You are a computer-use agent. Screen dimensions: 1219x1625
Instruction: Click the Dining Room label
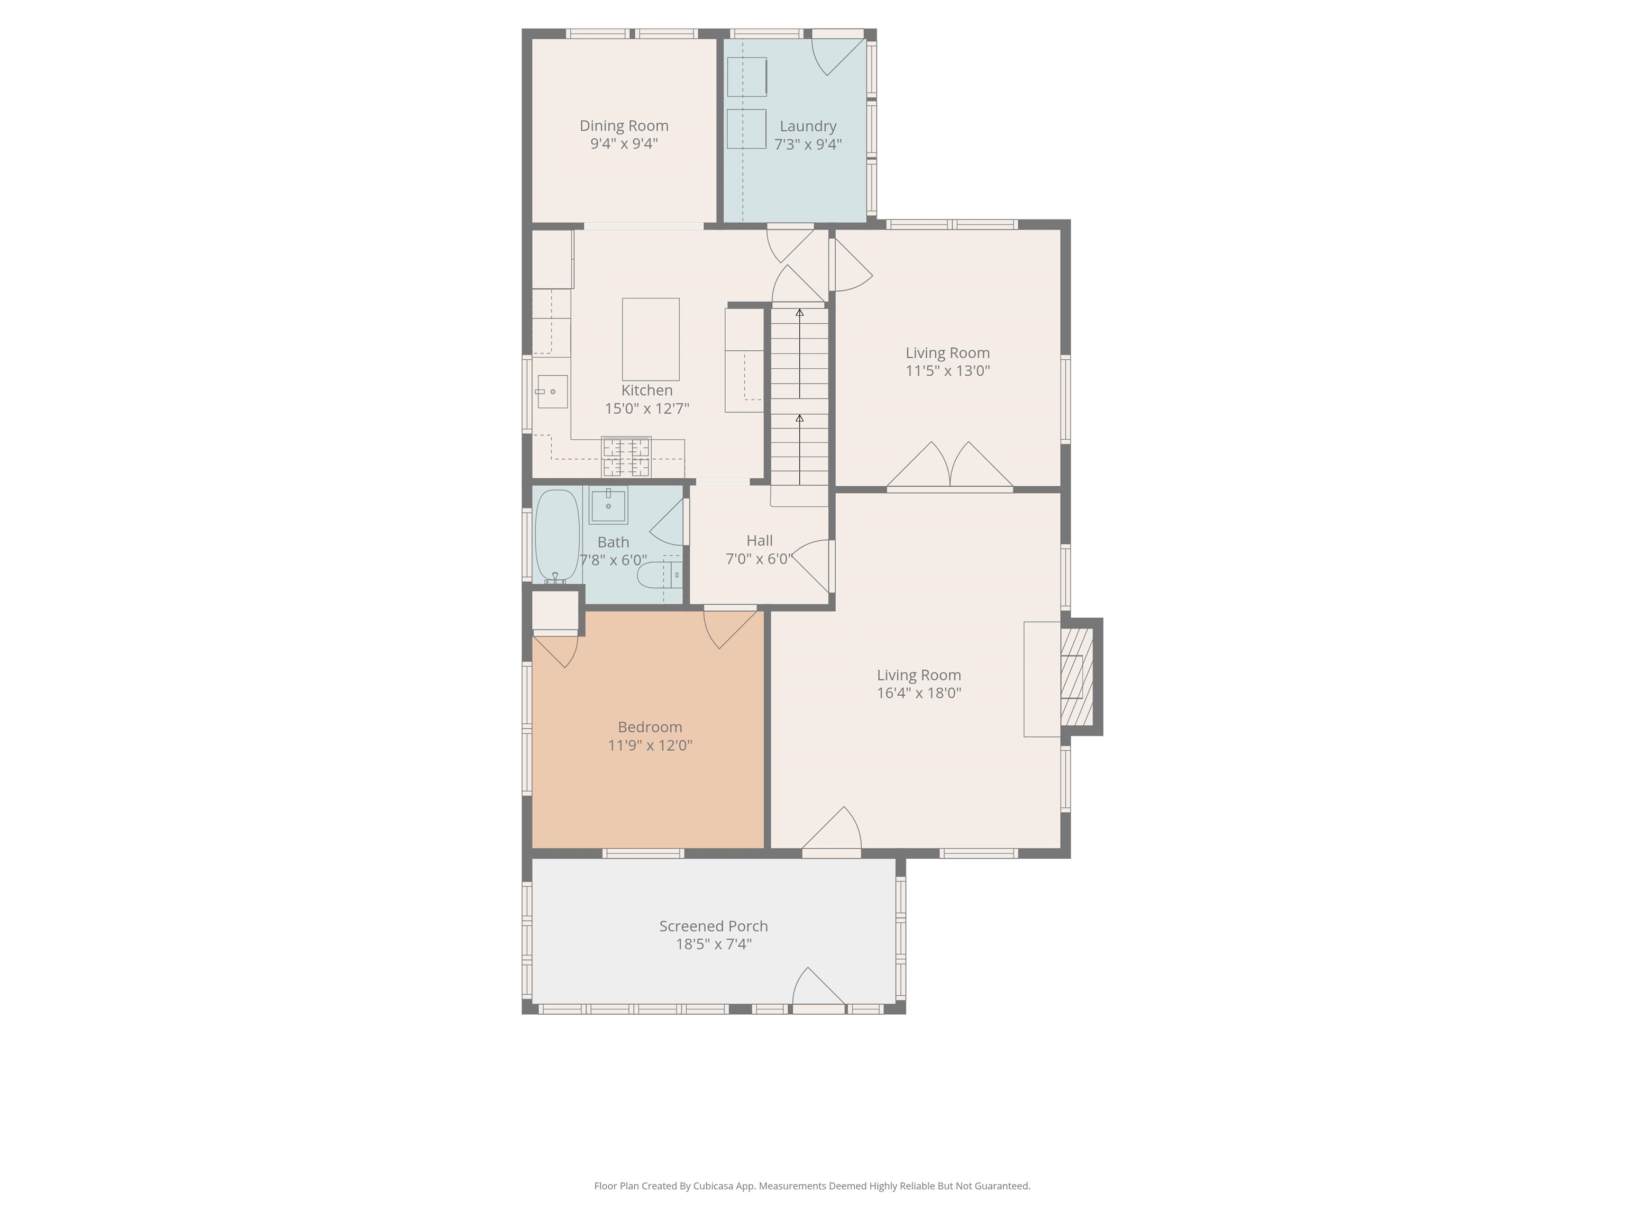pos(624,125)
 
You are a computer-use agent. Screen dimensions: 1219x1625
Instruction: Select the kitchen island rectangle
pos(650,339)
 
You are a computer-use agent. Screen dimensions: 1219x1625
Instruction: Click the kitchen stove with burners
pos(626,457)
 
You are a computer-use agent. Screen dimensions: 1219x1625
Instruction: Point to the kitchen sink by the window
pos(551,392)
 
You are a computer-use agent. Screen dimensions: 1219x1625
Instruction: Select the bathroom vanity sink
pos(608,505)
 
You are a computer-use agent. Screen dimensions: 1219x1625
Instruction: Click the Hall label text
pos(759,541)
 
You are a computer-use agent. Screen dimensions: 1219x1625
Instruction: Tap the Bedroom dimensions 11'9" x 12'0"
pos(650,745)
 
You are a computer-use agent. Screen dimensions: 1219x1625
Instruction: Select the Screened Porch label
pos(714,926)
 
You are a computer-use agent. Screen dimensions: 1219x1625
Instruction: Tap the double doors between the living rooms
pos(950,466)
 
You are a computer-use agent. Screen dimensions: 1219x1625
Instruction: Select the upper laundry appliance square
pos(746,76)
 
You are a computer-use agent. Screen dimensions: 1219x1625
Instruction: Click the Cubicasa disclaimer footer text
pos(812,1185)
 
